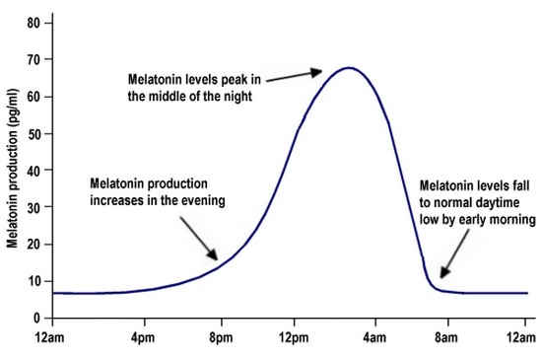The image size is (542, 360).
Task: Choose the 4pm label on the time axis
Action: tap(145, 337)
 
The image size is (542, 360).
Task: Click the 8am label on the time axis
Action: tap(447, 337)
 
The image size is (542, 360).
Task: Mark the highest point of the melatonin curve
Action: tap(348, 68)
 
